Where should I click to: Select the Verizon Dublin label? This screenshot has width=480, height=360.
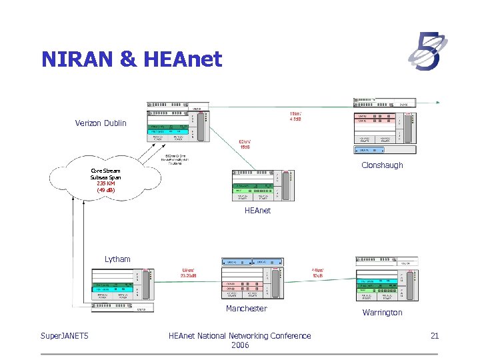click(101, 123)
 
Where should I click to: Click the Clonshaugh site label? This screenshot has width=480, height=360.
click(382, 165)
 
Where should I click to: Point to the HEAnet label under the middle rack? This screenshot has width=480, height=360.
click(258, 211)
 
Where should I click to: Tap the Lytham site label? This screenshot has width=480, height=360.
click(117, 259)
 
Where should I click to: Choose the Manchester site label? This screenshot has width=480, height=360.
click(246, 309)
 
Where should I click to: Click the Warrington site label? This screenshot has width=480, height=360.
click(382, 312)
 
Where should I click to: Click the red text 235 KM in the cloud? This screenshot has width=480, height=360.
click(105, 183)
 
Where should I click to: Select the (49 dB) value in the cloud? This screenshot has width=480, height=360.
click(105, 190)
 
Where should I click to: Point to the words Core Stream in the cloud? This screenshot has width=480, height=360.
click(105, 171)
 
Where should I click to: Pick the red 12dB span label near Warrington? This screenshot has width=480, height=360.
click(317, 275)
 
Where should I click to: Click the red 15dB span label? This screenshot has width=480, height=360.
click(245, 147)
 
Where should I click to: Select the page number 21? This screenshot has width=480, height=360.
click(434, 336)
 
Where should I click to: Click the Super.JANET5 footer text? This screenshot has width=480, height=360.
click(65, 336)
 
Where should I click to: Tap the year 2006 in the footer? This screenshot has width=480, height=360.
click(239, 345)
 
